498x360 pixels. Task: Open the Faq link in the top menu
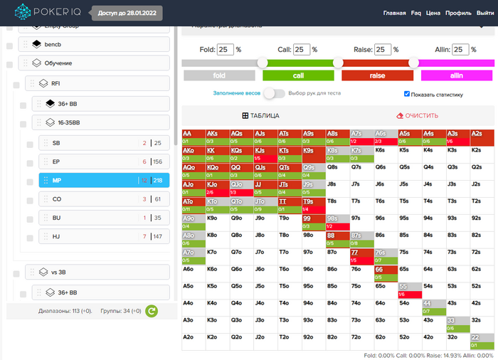point(416,13)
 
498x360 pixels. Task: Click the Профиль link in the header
point(458,13)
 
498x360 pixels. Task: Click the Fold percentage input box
point(226,49)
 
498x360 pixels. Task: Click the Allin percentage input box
point(460,49)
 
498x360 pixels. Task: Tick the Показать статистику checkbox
point(407,94)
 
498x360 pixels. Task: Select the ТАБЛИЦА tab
point(261,116)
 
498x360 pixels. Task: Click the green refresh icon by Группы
point(151,311)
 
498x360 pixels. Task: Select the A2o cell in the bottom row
point(194,341)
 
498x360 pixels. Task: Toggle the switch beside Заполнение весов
point(273,93)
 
